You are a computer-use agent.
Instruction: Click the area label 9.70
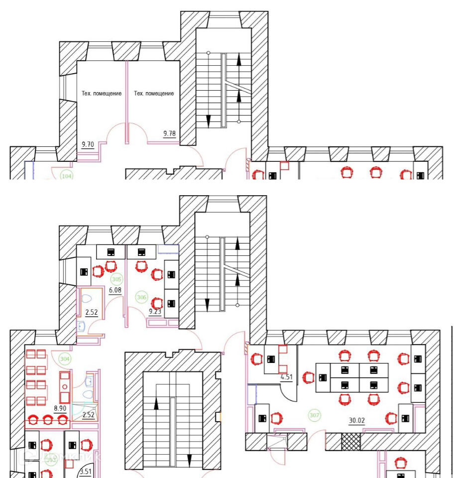click(88, 145)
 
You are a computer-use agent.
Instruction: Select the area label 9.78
click(170, 133)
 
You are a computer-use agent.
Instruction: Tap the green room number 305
click(117, 279)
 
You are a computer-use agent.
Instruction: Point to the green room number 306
click(141, 298)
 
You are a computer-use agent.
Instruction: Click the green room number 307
click(314, 415)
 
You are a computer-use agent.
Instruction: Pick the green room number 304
click(65, 358)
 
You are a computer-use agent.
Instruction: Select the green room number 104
click(66, 176)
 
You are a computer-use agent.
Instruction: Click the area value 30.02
click(357, 420)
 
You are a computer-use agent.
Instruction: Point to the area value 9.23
click(155, 312)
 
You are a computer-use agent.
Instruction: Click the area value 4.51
click(286, 377)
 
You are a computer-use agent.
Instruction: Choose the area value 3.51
click(86, 472)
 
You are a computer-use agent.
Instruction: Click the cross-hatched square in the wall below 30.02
click(350, 442)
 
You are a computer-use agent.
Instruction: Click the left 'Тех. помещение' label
click(102, 94)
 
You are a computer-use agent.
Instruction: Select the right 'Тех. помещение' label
click(154, 94)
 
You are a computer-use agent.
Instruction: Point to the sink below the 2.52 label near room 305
click(82, 326)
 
